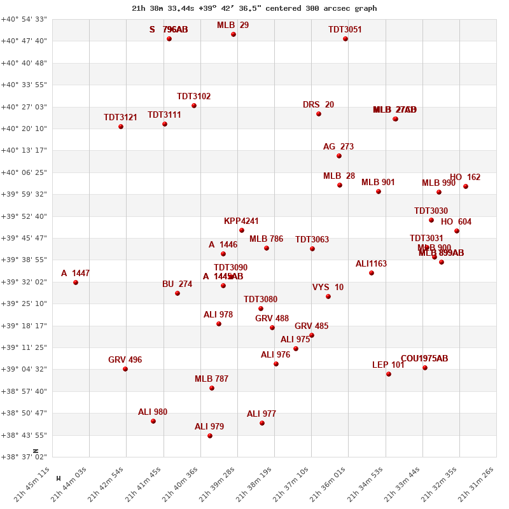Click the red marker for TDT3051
345,39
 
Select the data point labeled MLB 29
234,34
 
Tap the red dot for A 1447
76,282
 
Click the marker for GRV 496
125,369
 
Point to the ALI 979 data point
210,436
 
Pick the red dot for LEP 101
389,374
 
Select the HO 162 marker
466,186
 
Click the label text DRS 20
318,105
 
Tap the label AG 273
338,147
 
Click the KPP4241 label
241,221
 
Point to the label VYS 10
328,288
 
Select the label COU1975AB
424,359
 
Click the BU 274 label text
177,284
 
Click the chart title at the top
254,8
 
